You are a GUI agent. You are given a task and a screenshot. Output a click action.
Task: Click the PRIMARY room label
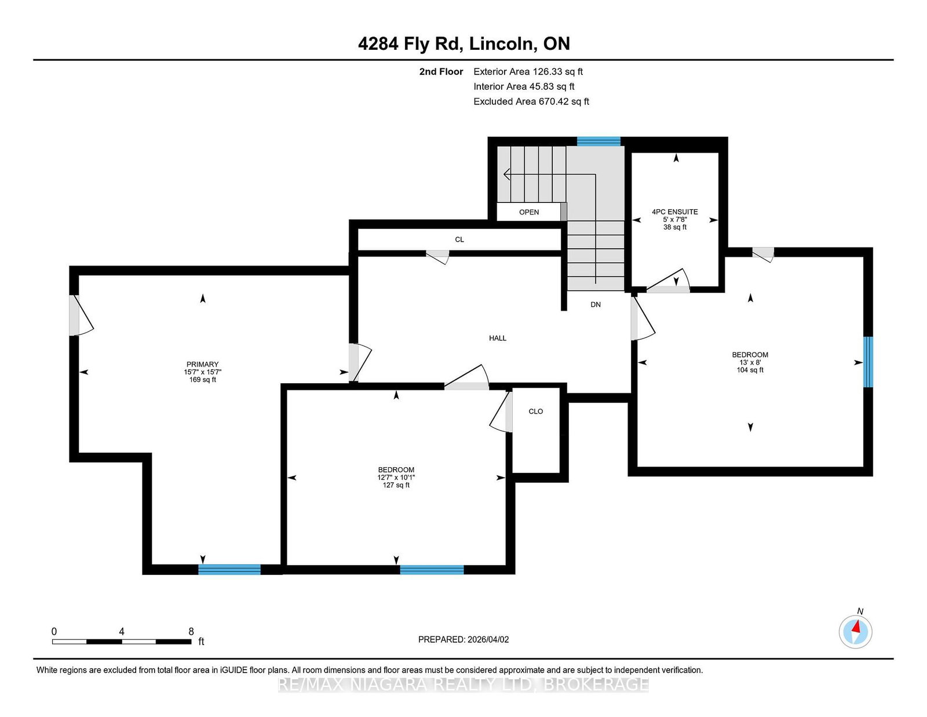[202, 364]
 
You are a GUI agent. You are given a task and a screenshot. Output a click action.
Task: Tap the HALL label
[498, 338]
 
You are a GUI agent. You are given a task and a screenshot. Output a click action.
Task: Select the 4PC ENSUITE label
[675, 212]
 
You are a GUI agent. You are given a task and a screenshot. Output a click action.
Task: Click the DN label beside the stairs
[596, 304]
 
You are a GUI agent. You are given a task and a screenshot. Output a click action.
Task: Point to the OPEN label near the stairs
[529, 212]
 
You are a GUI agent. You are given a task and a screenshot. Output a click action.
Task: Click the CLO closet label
[536, 412]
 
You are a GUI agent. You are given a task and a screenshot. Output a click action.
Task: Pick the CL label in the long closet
[459, 239]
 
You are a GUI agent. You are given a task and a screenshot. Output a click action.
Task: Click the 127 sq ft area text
[396, 485]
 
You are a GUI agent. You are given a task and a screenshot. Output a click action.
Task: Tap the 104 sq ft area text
[750, 370]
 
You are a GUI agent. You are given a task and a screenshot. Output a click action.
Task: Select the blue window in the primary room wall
[229, 569]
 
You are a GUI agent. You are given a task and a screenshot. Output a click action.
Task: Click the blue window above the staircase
[598, 141]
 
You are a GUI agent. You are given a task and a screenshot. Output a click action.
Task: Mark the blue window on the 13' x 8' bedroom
[868, 362]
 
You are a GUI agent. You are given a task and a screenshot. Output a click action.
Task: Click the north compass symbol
[855, 631]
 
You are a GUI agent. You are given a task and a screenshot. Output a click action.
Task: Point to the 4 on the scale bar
[122, 632]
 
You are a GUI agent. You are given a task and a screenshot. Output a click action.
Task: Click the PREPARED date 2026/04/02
[488, 639]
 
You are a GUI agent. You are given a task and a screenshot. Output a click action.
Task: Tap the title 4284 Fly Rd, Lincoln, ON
[463, 43]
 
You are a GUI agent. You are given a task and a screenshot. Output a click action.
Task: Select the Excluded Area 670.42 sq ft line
[531, 101]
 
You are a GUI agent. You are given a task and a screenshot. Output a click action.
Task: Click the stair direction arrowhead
[507, 174]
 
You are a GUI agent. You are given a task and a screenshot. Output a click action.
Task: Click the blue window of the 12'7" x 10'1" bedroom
[432, 569]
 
